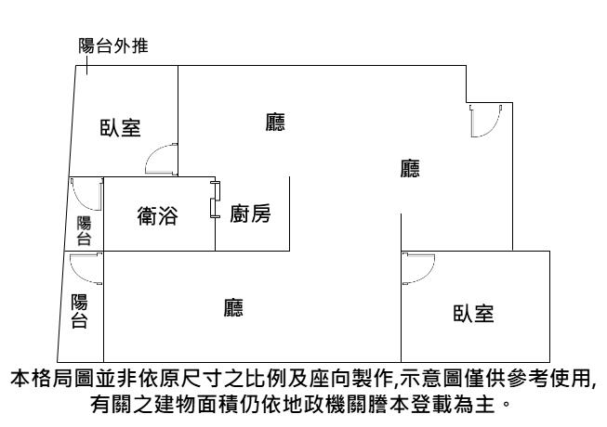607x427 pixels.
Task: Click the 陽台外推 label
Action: pyautogui.click(x=112, y=45)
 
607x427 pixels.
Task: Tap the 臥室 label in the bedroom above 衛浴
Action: pyautogui.click(x=121, y=128)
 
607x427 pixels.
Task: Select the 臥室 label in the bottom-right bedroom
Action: pyautogui.click(x=473, y=313)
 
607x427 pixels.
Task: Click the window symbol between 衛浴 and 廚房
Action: pyautogui.click(x=215, y=201)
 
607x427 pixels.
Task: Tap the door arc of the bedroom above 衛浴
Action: pyautogui.click(x=162, y=159)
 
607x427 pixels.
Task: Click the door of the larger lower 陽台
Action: pyautogui.click(x=85, y=269)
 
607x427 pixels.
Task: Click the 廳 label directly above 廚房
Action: pyautogui.click(x=274, y=122)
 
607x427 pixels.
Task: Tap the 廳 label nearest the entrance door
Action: pyautogui.click(x=410, y=168)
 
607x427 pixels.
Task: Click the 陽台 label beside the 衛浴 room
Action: pyautogui.click(x=84, y=230)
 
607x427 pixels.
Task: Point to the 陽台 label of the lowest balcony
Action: pyautogui.click(x=79, y=311)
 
